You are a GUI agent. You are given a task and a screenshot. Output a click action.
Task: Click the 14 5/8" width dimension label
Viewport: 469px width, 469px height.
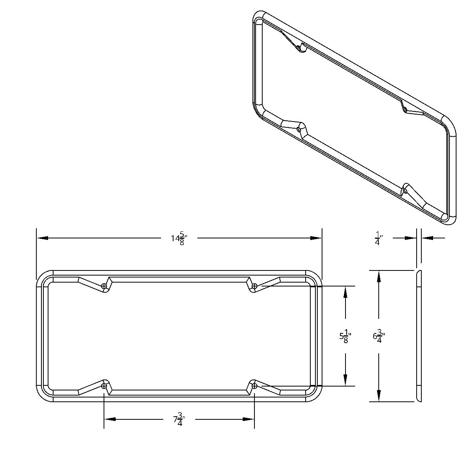point(179,238)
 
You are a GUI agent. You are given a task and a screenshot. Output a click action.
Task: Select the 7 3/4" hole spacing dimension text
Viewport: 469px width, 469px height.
point(179,420)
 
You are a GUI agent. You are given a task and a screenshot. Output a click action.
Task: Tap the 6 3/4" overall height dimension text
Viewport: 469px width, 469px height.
point(379,336)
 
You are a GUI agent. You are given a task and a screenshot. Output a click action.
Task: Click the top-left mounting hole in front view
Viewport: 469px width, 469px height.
point(104,286)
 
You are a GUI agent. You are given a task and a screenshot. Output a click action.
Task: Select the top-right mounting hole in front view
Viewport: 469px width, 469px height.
point(254,286)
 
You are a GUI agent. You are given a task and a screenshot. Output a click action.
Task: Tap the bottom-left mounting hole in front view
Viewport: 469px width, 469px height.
point(104,386)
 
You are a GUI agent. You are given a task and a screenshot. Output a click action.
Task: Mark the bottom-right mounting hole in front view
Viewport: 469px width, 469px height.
point(254,386)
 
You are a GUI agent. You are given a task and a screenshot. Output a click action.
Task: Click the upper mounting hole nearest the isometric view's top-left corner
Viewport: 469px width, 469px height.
point(300,48)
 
